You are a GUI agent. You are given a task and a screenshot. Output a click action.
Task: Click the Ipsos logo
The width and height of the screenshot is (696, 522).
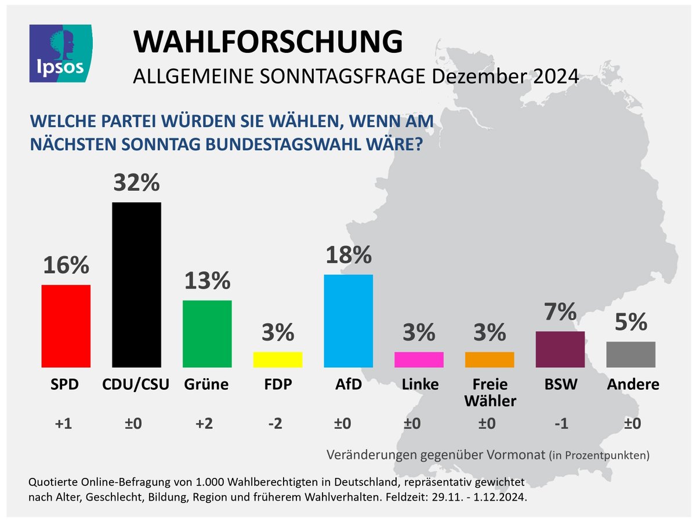pyautogui.click(x=61, y=53)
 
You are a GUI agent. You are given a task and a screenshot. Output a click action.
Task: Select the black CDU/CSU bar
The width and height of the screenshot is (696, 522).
pyautogui.click(x=136, y=284)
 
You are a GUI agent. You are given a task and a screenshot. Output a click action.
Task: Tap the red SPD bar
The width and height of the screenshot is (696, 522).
pyautogui.click(x=66, y=325)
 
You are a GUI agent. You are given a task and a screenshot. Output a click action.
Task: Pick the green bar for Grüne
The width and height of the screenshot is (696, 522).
pyautogui.click(x=207, y=333)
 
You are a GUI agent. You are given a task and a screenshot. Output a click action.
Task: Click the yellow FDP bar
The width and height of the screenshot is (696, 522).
pyautogui.click(x=278, y=360)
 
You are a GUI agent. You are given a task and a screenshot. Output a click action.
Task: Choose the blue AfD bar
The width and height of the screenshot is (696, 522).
pyautogui.click(x=348, y=321)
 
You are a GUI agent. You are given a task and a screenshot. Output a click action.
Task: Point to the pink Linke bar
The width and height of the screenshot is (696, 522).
pyautogui.click(x=419, y=360)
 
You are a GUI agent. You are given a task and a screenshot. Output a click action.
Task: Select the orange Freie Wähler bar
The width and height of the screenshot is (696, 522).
pyautogui.click(x=490, y=360)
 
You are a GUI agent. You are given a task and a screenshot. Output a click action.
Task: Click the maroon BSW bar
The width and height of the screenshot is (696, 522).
pyautogui.click(x=560, y=349)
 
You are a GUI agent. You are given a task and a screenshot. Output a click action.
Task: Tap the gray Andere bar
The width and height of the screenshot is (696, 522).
pyautogui.click(x=631, y=354)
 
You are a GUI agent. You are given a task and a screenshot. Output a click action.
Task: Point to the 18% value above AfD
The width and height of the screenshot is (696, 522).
pyautogui.click(x=348, y=255)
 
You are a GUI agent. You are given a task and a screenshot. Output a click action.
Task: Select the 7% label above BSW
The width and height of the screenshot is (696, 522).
pyautogui.click(x=560, y=313)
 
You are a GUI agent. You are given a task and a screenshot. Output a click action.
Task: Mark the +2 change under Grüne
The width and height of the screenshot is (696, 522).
pyautogui.click(x=204, y=424)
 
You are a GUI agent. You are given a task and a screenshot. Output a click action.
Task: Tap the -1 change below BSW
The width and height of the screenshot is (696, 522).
pyautogui.click(x=560, y=424)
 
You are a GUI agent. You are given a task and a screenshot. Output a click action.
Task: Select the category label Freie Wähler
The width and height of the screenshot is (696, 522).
pyautogui.click(x=490, y=392)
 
